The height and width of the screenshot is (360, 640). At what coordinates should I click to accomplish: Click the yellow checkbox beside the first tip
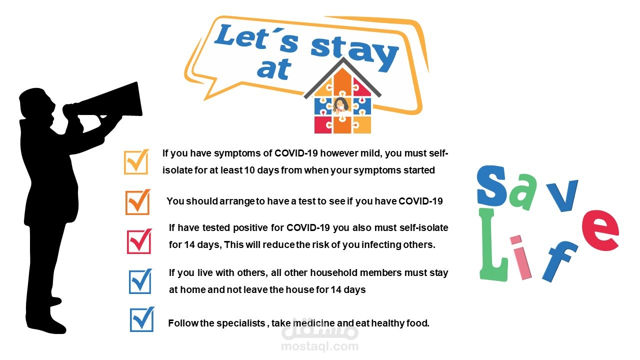[136, 161]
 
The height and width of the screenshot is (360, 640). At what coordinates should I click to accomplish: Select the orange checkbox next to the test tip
[137, 202]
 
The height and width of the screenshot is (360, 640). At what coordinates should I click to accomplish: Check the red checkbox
[139, 241]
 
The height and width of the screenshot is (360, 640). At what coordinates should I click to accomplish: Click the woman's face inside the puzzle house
[341, 105]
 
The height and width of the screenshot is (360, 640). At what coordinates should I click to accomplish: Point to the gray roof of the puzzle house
[342, 77]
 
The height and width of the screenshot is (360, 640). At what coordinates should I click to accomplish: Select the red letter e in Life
[600, 230]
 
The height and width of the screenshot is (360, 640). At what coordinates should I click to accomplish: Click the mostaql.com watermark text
[319, 346]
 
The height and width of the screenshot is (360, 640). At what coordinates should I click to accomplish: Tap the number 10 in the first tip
[249, 170]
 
